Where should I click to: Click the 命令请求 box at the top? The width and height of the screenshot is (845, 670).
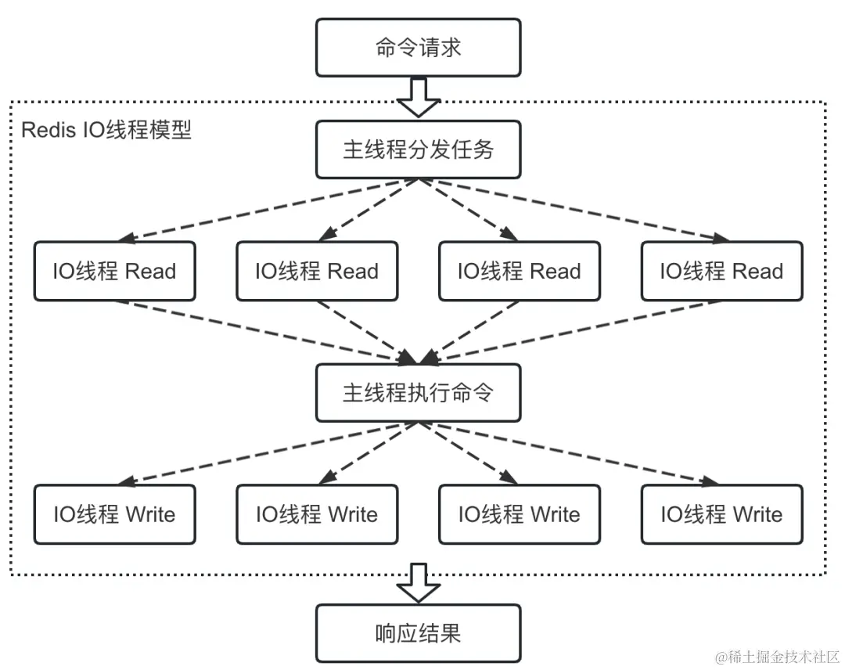coord(419,48)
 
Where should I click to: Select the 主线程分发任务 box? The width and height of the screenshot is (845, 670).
coord(419,149)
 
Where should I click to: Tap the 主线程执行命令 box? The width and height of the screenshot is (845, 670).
coord(419,392)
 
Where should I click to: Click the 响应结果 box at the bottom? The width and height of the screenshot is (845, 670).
coord(419,633)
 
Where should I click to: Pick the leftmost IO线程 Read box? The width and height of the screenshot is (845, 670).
coord(115,272)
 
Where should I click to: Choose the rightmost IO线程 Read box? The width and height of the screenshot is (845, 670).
coord(721,272)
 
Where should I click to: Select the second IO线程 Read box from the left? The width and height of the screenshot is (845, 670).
coord(317,272)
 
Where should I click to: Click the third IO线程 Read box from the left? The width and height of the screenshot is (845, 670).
coord(520,272)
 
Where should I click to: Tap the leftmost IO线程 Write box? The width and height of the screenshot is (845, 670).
coord(115,514)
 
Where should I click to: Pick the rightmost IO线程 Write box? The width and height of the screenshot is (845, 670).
coord(721,514)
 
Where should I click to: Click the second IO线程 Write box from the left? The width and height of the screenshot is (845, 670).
coord(317,514)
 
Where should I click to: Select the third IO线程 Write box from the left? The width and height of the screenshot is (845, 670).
coord(520,514)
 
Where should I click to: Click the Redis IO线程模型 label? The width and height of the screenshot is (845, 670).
coord(106,130)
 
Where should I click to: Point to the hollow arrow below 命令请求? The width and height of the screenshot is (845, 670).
coord(419,97)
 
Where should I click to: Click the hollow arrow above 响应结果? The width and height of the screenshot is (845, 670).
coord(419,583)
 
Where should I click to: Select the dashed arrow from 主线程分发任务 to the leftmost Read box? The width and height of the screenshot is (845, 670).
coord(266,210)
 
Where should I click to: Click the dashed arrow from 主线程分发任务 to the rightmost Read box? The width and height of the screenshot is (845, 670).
coord(571,210)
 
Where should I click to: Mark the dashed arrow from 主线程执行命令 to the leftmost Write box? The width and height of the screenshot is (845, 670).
coord(266,452)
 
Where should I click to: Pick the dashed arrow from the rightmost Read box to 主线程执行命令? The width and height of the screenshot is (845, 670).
coord(571,333)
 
